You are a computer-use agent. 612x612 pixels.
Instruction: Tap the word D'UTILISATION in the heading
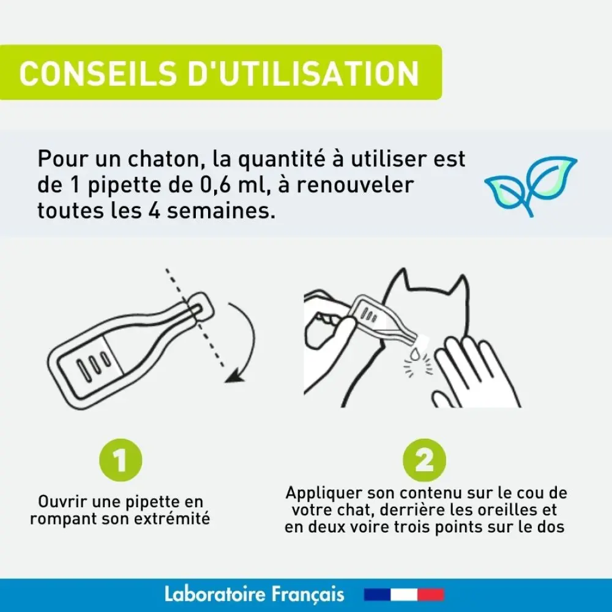coord(304,73)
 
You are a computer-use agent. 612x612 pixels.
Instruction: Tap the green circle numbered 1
coord(121,460)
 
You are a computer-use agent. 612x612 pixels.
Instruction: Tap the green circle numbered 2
coord(424,460)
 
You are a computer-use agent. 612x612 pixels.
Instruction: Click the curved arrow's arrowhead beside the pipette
coord(234,376)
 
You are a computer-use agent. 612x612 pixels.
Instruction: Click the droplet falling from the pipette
coord(416,354)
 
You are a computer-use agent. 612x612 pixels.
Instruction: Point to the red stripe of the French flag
coord(431,594)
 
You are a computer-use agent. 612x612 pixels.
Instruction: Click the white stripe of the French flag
coord(404,594)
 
